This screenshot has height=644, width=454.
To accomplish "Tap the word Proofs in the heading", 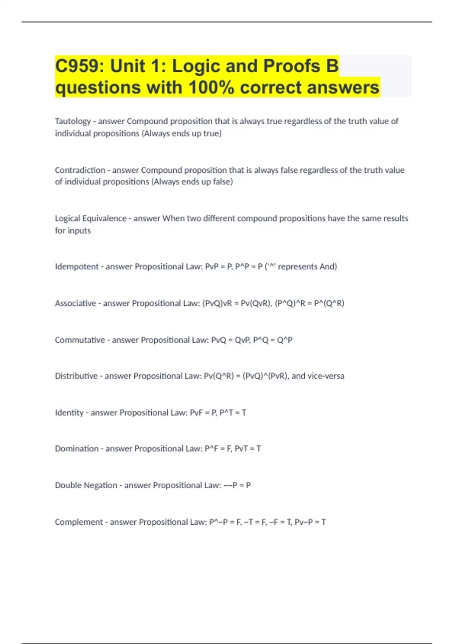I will coord(292,66).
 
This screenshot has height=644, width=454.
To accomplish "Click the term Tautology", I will coord(73,121).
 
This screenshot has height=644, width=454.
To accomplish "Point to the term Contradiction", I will coord(80,170).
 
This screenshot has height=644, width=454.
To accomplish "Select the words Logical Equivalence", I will coord(90,219).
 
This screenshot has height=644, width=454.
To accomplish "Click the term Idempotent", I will coord(76,267).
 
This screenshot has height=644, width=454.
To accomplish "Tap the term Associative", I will coord(75,303).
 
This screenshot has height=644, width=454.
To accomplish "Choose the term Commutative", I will coord(79,340).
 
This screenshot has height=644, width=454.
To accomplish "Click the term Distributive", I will coord(76,376).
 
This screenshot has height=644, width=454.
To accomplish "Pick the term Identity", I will coord(69,413).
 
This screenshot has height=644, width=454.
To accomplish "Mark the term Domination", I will coord(76,449).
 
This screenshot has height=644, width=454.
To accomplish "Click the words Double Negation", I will coord(86,485).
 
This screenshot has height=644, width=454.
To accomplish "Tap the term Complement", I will coord(79,522).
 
